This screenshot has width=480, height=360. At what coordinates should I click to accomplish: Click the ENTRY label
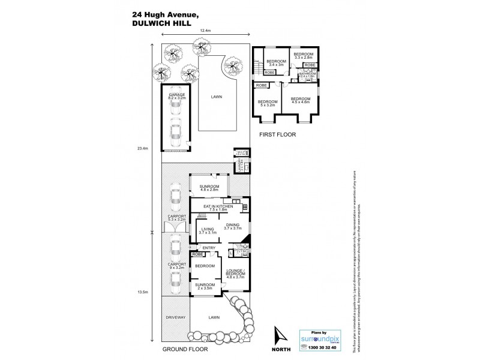[x=209, y=248]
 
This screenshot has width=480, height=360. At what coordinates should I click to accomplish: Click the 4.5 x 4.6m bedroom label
[x=301, y=100]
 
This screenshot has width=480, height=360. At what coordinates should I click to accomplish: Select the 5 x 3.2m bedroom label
[x=268, y=104]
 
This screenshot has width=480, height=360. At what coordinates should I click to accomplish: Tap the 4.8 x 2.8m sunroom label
[x=209, y=188]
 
